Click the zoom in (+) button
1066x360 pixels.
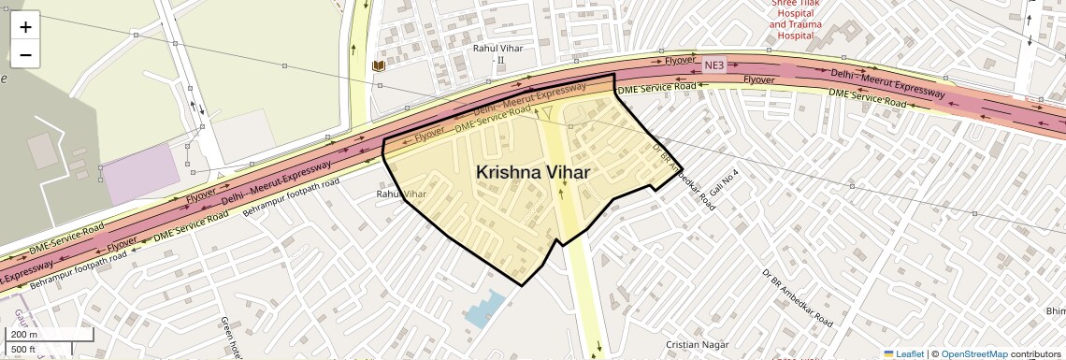[25, 27]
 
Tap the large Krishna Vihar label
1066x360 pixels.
[533, 172]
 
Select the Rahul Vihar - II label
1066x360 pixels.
[501, 53]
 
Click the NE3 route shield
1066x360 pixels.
[714, 65]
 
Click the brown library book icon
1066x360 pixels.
[378, 65]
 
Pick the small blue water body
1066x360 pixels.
[483, 309]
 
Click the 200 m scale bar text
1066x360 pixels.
[25, 335]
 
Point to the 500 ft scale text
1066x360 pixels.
[25, 350]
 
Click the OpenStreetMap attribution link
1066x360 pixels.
[973, 353]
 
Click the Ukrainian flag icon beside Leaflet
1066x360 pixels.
[889, 353]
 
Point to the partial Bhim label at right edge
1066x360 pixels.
[1054, 310]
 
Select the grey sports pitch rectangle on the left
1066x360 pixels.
[42, 151]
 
